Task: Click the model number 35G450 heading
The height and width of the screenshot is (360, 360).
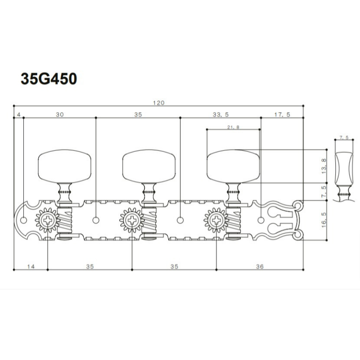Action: (49, 79)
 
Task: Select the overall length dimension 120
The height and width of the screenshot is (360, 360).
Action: (159, 103)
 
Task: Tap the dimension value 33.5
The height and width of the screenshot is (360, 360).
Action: (220, 115)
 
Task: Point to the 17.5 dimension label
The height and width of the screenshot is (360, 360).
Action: (282, 115)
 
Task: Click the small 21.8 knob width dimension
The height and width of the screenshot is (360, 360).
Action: (233, 127)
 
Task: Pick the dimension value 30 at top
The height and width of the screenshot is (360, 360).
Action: (60, 115)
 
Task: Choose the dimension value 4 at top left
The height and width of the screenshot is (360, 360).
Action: (19, 115)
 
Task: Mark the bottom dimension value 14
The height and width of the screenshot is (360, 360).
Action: (31, 266)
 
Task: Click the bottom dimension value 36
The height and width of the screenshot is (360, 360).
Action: (260, 266)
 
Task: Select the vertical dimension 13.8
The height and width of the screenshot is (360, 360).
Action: (324, 166)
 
